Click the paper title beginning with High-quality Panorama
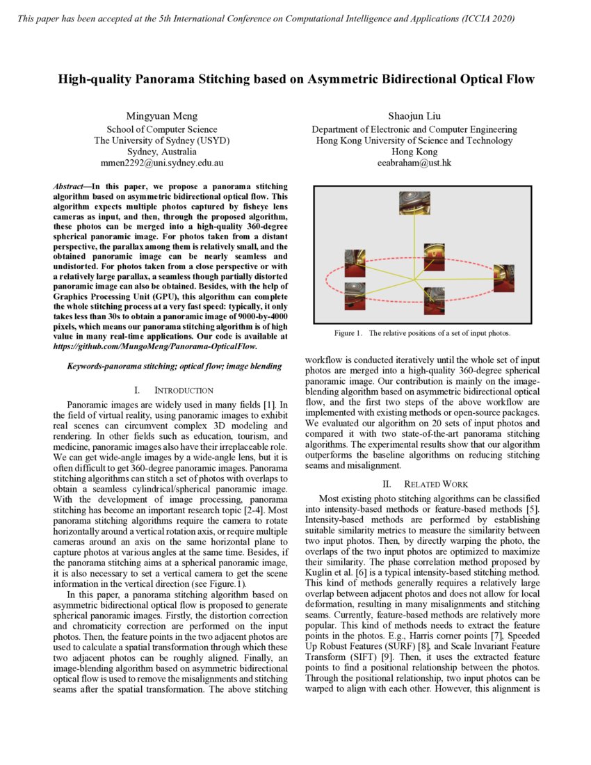(x=295, y=79)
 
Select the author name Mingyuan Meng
(x=161, y=115)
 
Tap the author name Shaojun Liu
(x=414, y=115)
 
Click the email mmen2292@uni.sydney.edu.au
(x=161, y=163)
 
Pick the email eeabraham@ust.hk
(x=414, y=163)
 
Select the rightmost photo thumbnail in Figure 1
(x=503, y=277)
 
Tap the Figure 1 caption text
(x=422, y=333)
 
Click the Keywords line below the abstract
(x=174, y=366)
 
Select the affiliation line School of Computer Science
(x=161, y=129)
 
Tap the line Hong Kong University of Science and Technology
(x=414, y=140)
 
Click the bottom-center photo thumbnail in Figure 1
(x=435, y=300)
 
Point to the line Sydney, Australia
(x=161, y=152)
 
